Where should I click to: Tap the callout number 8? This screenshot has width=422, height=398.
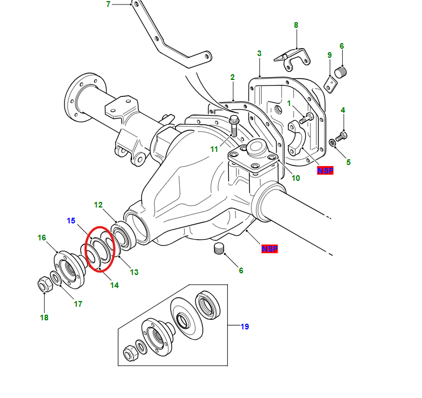pyautogui.click(x=296, y=25)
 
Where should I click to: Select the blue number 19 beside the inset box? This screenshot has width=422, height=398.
pyautogui.click(x=245, y=327)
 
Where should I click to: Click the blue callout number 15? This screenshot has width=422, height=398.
pyautogui.click(x=71, y=220)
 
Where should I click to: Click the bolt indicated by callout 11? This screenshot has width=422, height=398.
pyautogui.click(x=233, y=126)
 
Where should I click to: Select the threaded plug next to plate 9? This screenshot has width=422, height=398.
pyautogui.click(x=342, y=73)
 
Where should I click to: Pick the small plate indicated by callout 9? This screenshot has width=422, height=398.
pyautogui.click(x=331, y=82)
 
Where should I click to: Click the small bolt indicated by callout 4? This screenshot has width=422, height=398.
pyautogui.click(x=342, y=136)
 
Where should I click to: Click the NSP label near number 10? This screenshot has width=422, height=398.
pyautogui.click(x=325, y=170)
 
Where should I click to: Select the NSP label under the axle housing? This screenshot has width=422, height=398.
pyautogui.click(x=270, y=249)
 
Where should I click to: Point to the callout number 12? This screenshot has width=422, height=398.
pyautogui.click(x=98, y=205)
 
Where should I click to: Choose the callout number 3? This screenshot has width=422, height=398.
pyautogui.click(x=259, y=53)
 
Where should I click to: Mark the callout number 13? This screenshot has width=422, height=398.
pyautogui.click(x=134, y=272)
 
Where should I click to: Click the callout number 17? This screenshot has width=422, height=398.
pyautogui.click(x=78, y=304)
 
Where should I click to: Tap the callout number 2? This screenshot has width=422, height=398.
pyautogui.click(x=232, y=77)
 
